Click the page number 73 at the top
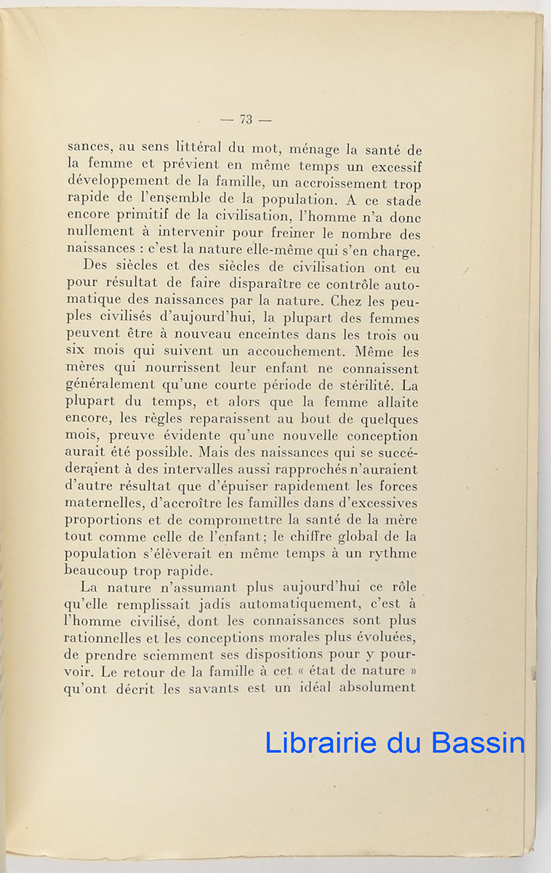click(x=245, y=119)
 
